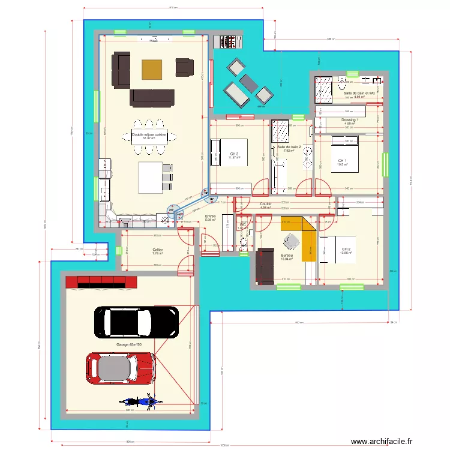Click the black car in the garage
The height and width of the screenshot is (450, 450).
click(136, 322)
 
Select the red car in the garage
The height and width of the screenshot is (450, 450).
click(122, 368)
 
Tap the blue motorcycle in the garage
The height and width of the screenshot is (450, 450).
click(139, 401)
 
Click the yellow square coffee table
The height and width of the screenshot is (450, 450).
click(152, 70)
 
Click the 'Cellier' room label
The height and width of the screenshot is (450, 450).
click(158, 250)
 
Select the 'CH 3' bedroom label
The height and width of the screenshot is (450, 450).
click(234, 154)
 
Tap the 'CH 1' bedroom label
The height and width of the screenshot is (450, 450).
click(342, 161)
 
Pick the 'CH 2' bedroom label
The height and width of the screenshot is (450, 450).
click(346, 250)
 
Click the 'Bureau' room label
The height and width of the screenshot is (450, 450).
click(286, 256)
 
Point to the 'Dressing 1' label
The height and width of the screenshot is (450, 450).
click(350, 120)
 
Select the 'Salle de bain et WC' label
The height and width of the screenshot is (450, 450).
click(359, 94)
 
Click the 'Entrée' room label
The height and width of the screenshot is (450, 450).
click(210, 217)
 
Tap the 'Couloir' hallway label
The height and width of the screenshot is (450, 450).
click(265, 204)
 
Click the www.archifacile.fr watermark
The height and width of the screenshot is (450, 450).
click(382, 441)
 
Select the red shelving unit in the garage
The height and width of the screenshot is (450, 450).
click(100, 282)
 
